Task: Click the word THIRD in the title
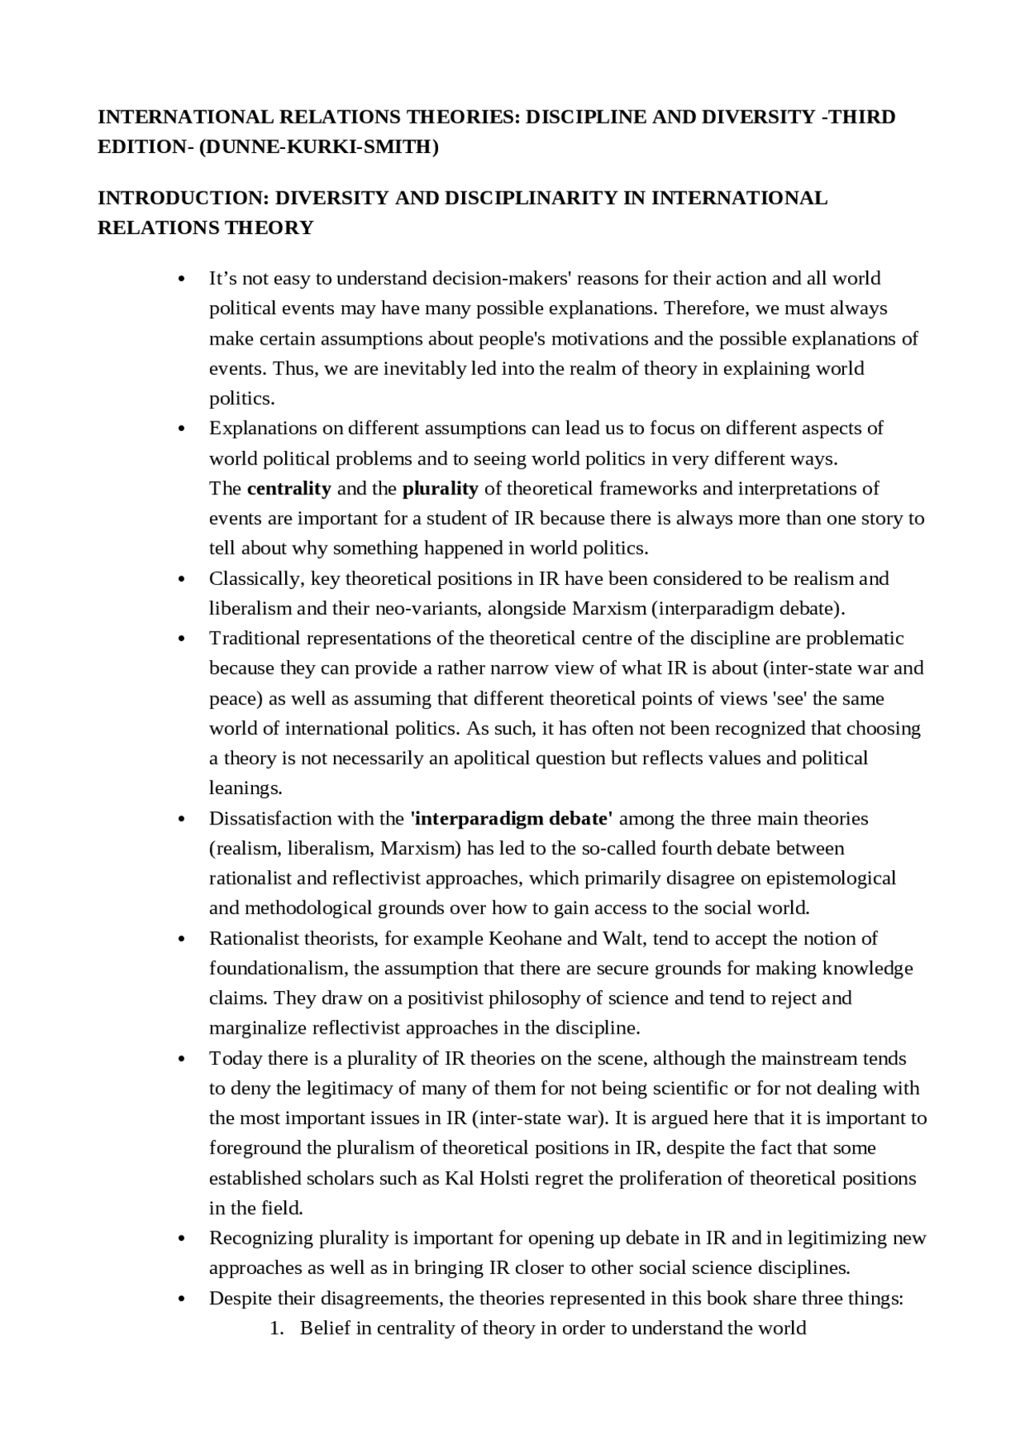pos(861,117)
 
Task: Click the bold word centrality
pos(289,489)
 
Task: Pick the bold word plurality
pos(440,489)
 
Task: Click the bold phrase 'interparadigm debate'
pos(511,819)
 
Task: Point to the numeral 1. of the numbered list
pos(276,1328)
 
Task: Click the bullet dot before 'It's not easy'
pos(183,280)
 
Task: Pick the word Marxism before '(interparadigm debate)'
pos(609,608)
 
